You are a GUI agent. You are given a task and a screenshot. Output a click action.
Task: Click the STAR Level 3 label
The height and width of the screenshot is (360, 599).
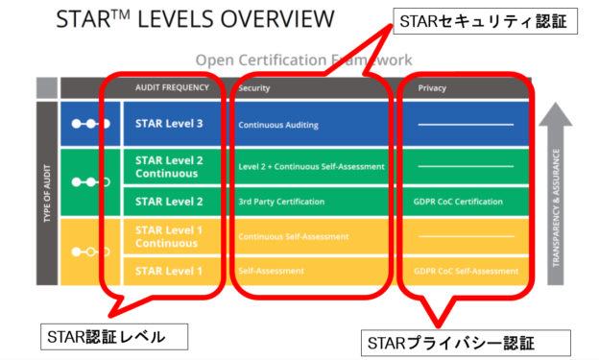169,123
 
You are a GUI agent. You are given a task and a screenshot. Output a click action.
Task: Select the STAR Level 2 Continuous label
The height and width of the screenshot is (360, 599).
171,166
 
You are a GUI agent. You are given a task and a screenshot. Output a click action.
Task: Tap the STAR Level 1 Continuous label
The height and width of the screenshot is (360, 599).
171,235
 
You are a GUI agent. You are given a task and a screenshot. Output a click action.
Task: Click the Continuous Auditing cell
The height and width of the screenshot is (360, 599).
277,125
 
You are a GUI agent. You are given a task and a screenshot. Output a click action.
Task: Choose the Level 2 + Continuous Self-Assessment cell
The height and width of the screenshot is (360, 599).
311,166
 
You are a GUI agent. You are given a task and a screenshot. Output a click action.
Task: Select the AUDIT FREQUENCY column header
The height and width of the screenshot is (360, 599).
173,88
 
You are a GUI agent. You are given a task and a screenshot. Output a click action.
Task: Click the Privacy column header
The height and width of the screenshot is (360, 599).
432,88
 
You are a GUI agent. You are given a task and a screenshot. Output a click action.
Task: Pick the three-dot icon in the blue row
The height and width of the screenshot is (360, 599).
91,124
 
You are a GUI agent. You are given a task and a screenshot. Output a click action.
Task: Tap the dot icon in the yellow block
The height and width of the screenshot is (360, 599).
91,252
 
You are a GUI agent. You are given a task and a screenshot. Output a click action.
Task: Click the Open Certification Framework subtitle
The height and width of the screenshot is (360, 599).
298,60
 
